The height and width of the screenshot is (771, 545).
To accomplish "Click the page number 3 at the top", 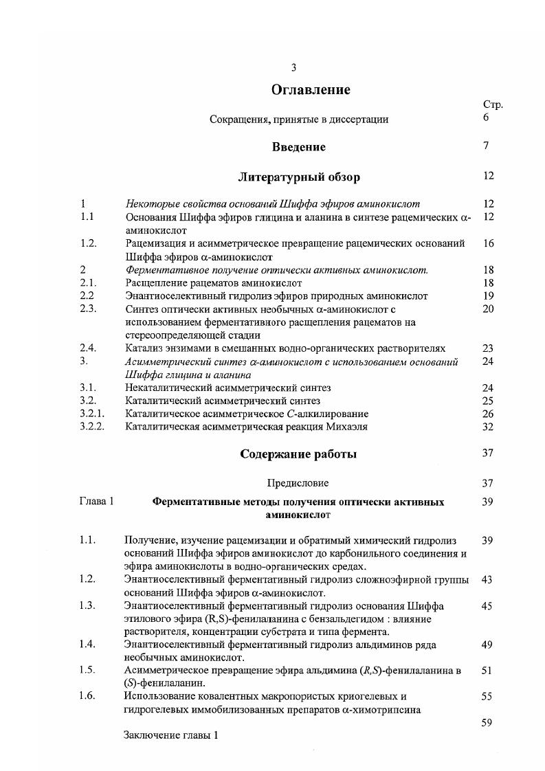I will tap(293, 67).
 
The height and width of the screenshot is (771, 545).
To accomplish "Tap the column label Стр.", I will tap(493, 105).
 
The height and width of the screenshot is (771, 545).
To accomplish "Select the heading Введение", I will tap(298, 147).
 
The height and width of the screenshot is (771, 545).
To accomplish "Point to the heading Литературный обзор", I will tap(298, 177).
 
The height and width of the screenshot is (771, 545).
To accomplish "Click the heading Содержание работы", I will tap(298, 454).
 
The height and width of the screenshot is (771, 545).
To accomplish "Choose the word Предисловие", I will tap(298, 483).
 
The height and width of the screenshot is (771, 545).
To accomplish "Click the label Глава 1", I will tap(96, 502).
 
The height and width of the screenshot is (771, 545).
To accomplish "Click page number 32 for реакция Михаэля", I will tap(488, 427).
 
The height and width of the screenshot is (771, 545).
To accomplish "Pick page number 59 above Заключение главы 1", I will tap(487, 722).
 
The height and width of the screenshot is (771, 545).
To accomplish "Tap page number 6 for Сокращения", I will tap(486, 118).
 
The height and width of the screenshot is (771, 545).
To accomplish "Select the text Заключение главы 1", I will tap(170, 735).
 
